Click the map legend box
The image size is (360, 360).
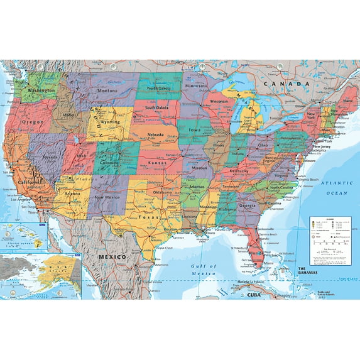tap(330, 239)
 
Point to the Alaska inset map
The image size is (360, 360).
tap(41, 274)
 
